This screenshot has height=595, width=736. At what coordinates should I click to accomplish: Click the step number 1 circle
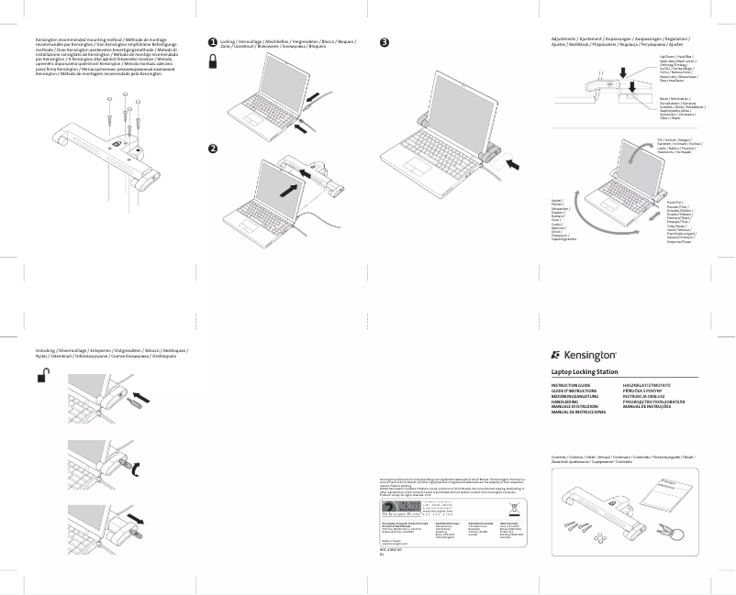(x=213, y=42)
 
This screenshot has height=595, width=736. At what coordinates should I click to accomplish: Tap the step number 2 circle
(x=213, y=149)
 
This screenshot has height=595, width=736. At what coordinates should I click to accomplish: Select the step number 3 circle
(x=385, y=42)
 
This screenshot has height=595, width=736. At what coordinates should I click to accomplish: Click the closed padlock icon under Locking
(x=213, y=61)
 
